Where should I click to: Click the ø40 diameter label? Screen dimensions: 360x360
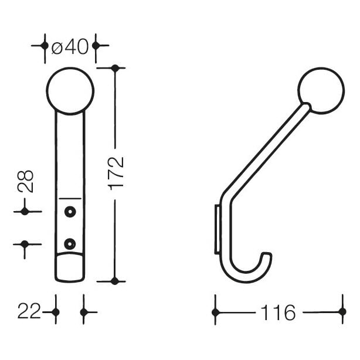[x=70, y=46]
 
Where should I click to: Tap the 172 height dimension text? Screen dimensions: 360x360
[x=116, y=174]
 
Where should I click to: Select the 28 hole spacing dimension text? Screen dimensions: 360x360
[x=25, y=181]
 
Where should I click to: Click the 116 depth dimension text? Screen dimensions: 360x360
[x=278, y=313]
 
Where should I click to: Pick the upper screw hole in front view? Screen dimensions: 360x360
[x=70, y=212]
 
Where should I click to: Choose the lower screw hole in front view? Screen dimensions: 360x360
[x=70, y=244]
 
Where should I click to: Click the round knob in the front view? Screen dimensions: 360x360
[x=70, y=91]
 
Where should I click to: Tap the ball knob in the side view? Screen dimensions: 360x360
[x=321, y=90]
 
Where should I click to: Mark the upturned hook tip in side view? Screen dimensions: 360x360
[x=267, y=254]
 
